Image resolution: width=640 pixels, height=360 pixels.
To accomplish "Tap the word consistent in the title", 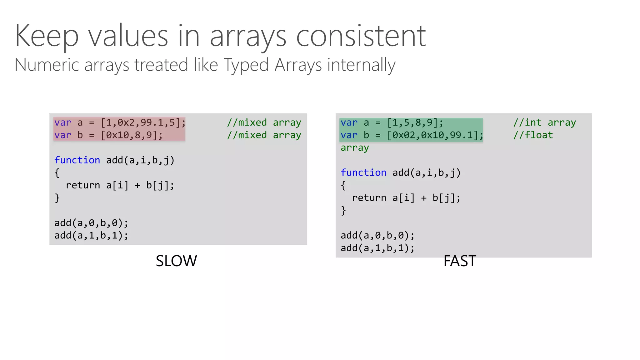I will tap(361, 36).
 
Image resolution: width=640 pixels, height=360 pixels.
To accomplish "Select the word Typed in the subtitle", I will tap(246, 65).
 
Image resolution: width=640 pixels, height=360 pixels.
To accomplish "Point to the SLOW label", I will tap(176, 261).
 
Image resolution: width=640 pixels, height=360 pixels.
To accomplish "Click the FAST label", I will tap(460, 261).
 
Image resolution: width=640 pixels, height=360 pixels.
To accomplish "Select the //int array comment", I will tap(544, 122).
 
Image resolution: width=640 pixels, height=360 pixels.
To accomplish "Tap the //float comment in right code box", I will tap(533, 135).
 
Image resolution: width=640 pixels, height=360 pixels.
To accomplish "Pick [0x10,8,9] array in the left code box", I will tap(131, 135).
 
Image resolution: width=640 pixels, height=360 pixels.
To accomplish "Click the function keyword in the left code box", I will tap(77, 160).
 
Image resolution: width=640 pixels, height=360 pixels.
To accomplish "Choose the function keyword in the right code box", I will tap(363, 172).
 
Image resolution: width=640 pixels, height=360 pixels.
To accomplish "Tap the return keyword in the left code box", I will tap(83, 185).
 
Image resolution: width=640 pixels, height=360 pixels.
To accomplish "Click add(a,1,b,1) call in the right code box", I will tap(377, 248).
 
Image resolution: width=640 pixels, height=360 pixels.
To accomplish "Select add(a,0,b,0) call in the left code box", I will tap(91, 223).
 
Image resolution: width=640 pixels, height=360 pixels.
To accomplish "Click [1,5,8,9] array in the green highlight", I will tap(415, 122).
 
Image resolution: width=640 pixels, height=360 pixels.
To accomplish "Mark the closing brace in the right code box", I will tap(343, 211).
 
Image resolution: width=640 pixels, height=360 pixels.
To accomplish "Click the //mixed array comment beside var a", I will tap(264, 122).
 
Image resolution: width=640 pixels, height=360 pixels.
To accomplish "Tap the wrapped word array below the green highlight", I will tap(355, 147).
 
